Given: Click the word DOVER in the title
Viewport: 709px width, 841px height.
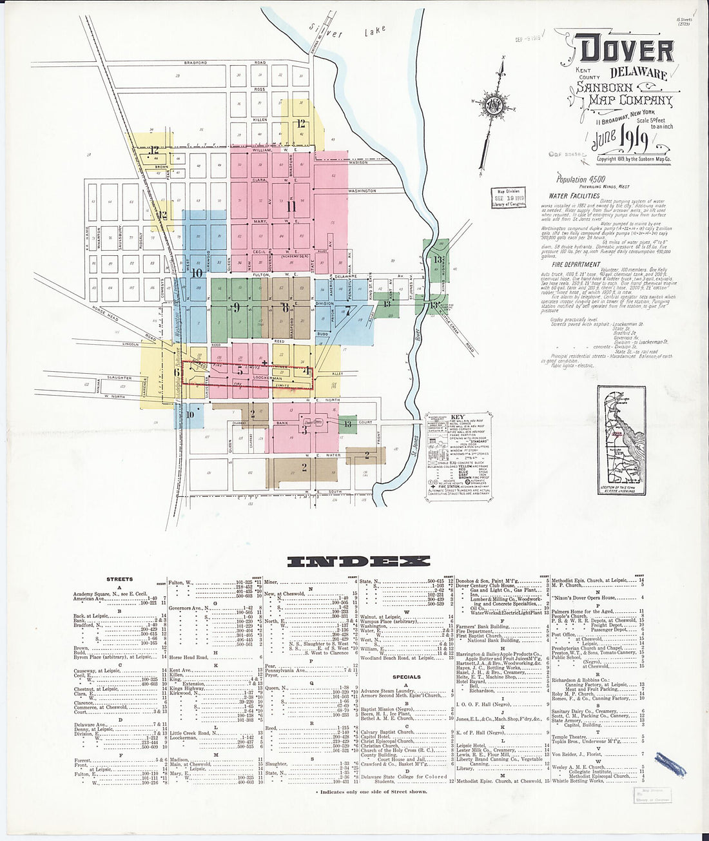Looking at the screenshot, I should [626, 50].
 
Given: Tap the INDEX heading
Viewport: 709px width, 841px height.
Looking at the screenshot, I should [357, 562].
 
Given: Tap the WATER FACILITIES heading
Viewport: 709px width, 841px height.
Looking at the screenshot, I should [574, 196].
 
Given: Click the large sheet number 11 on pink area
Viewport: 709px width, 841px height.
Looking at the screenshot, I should [291, 207].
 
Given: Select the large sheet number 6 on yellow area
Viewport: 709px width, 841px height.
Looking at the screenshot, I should [177, 371].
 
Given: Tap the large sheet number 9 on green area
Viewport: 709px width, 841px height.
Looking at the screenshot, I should [237, 307].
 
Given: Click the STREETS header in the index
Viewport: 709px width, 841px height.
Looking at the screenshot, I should [120, 579].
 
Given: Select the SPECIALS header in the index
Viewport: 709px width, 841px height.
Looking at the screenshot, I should [407, 677].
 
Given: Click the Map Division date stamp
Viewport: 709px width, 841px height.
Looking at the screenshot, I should [507, 196].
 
